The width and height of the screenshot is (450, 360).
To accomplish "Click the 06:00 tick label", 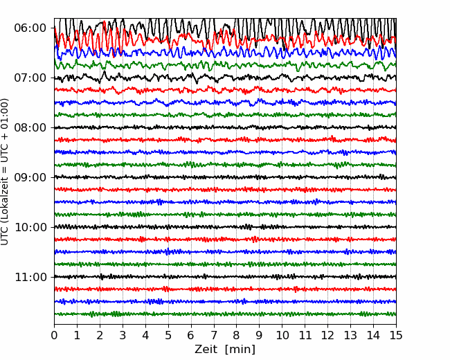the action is pos(30,28).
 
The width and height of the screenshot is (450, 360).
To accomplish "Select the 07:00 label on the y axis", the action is pos(30,78).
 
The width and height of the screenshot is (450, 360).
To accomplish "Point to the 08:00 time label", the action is pos(30,128).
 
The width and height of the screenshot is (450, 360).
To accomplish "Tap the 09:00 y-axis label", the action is pos(30,177).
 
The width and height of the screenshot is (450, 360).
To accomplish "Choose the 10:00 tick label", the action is pos(30,227).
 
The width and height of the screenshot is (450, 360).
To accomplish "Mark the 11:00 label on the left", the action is pos(30,278).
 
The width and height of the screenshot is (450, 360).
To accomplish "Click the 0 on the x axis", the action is pos(54,335).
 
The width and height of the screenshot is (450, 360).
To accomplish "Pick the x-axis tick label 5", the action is pos(168,335).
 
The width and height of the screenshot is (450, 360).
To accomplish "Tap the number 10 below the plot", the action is pos(282,335).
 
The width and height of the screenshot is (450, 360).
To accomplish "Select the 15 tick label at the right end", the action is pos(396,335).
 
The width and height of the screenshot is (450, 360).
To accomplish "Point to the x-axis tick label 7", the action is pos(214,335).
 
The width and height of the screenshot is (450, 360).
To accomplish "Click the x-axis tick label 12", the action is pos(327,335).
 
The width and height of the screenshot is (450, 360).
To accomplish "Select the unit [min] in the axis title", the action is pos(240,350).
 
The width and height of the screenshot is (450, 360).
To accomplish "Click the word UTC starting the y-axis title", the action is pos(4,237).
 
